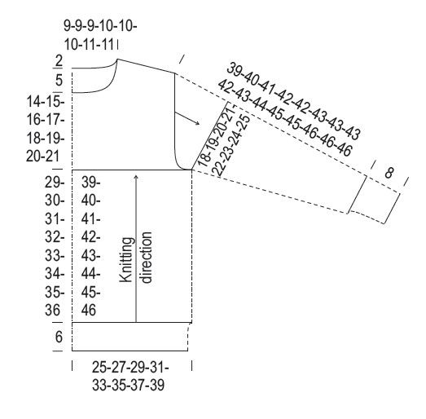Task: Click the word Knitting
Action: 127,260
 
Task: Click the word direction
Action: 146,258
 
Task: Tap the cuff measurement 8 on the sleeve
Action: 389,173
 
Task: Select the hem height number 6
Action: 59,337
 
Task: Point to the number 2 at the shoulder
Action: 59,61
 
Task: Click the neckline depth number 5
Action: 59,80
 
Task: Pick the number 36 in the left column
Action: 53,311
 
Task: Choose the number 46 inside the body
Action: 89,311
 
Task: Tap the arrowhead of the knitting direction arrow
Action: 136,177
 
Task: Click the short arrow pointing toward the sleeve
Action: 187,118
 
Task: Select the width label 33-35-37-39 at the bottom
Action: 128,385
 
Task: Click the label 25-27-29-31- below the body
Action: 130,368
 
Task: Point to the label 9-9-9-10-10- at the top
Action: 100,26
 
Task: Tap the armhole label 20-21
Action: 42,157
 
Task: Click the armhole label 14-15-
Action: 46,102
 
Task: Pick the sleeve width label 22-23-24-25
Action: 231,145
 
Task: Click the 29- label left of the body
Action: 55,182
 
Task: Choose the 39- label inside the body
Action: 90,182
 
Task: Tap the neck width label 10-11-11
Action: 89,44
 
